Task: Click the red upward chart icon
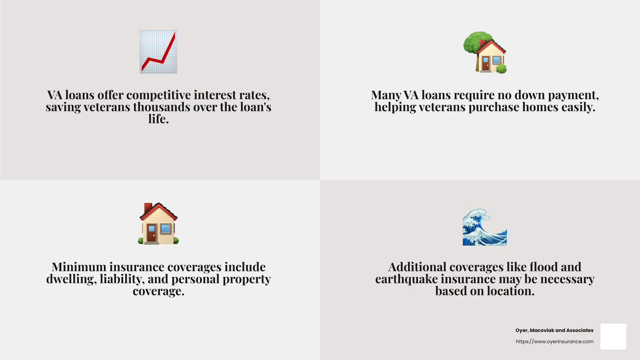click(158, 52)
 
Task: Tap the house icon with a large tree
click(485, 52)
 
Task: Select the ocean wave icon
click(485, 227)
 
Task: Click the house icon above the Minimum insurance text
click(158, 224)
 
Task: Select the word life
click(158, 119)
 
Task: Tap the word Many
click(386, 95)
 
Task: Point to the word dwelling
click(71, 279)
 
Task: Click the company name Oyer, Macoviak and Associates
click(554, 330)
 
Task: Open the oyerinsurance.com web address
click(554, 342)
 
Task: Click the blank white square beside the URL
click(613, 336)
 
